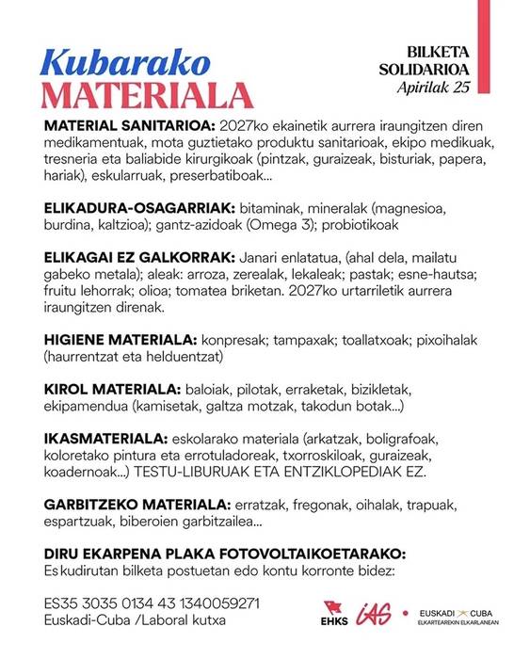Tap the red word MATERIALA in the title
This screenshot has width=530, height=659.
[149, 96]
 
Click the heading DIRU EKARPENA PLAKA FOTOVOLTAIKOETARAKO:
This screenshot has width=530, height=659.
[225, 552]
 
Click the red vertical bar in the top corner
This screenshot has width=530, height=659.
[483, 19]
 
